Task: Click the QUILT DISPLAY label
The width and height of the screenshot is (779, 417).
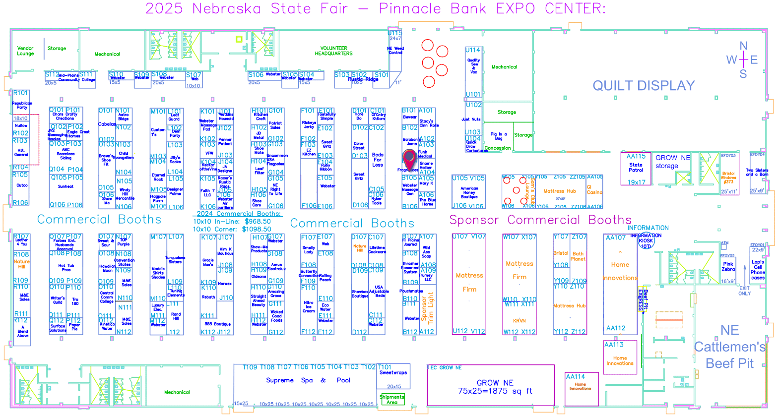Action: click(x=644, y=86)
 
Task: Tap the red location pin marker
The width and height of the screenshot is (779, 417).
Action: click(x=409, y=159)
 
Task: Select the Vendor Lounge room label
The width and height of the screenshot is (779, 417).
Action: click(x=25, y=51)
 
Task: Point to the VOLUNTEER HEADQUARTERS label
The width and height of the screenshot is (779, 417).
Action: click(x=333, y=51)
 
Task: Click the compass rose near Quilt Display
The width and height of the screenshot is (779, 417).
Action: click(x=743, y=60)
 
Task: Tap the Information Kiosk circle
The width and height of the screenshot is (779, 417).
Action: click(x=646, y=241)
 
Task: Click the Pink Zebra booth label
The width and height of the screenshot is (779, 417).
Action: click(x=728, y=267)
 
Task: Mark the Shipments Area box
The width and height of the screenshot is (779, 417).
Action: click(x=392, y=399)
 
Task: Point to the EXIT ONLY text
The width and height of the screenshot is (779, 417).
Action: click(x=744, y=291)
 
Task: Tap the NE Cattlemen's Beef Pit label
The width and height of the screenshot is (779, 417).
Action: click(x=730, y=347)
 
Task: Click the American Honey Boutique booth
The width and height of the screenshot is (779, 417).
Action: click(x=469, y=192)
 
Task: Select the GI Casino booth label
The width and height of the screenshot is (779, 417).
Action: click(x=594, y=189)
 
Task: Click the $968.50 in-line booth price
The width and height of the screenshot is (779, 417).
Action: click(x=258, y=222)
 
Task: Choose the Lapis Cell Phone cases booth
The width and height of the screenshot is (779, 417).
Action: click(x=758, y=270)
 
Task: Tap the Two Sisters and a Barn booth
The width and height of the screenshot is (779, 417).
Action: click(x=757, y=172)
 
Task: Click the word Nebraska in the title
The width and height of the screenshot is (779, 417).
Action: click(x=227, y=8)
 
